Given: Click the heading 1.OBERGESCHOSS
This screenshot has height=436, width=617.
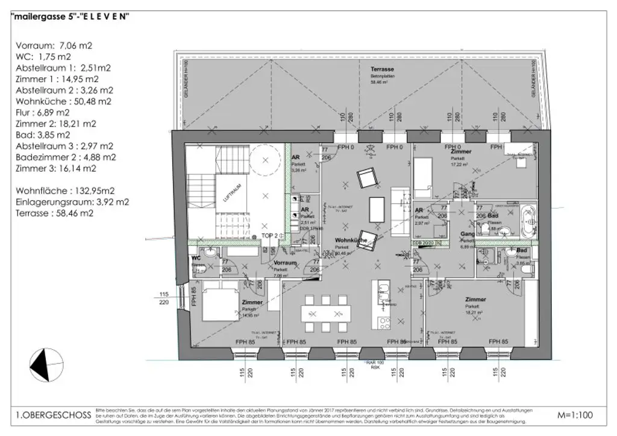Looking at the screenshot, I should pyautogui.click(x=53, y=415).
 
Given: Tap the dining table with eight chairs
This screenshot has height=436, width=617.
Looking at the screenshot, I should pyautogui.click(x=326, y=313).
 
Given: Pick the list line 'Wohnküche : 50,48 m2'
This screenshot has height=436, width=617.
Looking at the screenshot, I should pyautogui.click(x=63, y=101).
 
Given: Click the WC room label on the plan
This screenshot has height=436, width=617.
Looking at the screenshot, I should pyautogui.click(x=196, y=258).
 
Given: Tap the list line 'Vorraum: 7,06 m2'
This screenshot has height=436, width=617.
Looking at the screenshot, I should pyautogui.click(x=54, y=45).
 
